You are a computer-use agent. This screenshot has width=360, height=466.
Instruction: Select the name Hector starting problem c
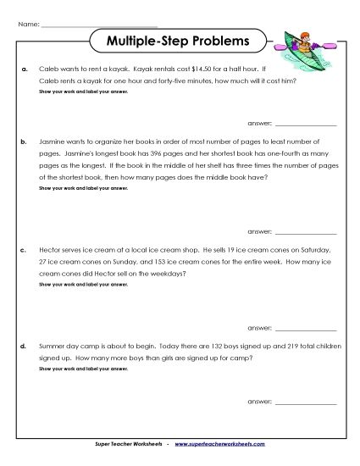tap(51, 252)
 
